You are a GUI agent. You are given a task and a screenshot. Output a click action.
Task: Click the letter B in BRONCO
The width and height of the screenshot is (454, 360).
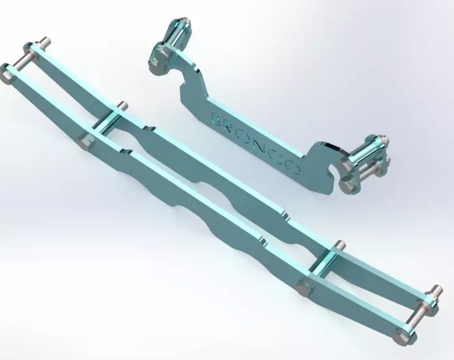[216, 117]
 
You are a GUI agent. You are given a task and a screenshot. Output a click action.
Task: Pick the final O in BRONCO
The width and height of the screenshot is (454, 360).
[292, 168]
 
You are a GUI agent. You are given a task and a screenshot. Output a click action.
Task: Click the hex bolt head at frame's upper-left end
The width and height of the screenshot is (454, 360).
[7, 74]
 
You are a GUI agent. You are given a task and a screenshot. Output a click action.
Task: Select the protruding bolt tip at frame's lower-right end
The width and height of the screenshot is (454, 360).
[437, 289]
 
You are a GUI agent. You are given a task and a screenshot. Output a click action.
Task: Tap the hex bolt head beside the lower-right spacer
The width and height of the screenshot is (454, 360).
[305, 286]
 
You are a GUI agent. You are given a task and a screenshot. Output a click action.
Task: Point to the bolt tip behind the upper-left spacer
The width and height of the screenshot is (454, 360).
[122, 105]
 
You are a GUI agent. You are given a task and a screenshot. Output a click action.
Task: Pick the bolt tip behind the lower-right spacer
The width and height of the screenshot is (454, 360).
[339, 244]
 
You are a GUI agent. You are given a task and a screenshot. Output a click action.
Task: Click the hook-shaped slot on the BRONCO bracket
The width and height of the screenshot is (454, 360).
[334, 167]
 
